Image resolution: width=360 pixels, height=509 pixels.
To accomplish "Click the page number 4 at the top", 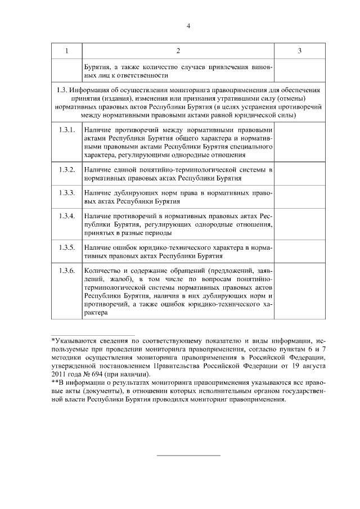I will tap(188, 25).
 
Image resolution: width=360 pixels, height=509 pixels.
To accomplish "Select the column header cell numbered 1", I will tap(66, 51).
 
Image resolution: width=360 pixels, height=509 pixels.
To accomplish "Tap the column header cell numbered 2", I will tap(178, 51).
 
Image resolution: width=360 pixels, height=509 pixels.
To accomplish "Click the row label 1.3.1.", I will tap(66, 130).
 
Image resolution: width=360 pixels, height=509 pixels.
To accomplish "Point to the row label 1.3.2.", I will tap(66, 169).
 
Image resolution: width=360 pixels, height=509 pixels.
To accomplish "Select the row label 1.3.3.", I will tap(66, 193).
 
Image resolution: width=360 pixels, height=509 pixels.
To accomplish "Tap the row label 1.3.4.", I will tap(66, 217).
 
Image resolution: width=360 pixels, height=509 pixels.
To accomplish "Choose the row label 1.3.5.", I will tap(66, 247).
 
